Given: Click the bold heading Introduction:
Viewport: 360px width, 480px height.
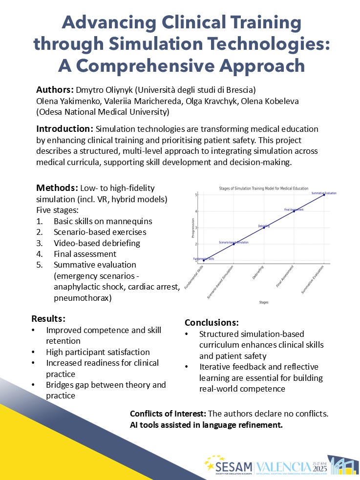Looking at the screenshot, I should click(65, 129).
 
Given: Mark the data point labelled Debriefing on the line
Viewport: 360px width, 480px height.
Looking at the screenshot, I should click(264, 228).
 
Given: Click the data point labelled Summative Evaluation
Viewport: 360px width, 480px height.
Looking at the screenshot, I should click(323, 195).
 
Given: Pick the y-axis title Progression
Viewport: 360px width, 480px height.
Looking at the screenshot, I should click(193, 228).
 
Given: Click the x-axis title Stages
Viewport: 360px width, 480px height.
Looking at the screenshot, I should click(264, 302).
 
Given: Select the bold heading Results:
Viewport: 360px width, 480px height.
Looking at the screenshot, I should click(48, 319).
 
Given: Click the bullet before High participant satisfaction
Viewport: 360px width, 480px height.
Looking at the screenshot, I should click(33, 352).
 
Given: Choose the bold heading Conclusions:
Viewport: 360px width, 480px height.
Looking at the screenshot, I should click(212, 323).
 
